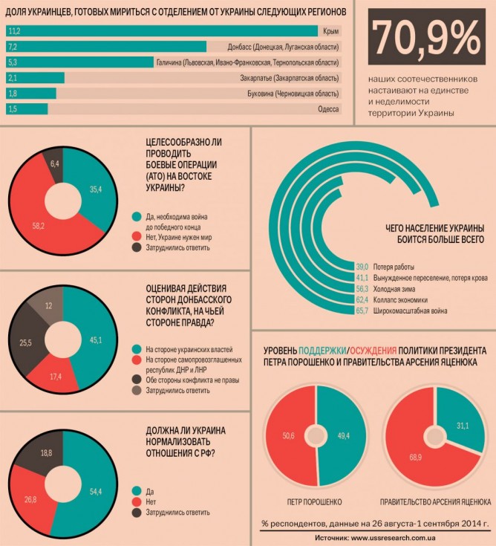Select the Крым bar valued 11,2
coord(163,30)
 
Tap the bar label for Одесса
coord(330,109)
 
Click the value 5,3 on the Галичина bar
coord(13,62)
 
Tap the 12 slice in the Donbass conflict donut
coord(48,306)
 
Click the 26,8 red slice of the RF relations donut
coord(30,499)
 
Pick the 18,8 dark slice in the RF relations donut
coord(45,452)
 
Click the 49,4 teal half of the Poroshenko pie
coord(343,434)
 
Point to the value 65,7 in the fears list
coord(362,311)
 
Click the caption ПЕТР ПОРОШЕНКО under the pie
coord(317,501)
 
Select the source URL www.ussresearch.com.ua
coord(399,536)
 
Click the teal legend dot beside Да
coord(135,490)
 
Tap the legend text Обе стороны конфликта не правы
coord(192,378)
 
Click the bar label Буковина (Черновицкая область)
coord(293,94)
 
